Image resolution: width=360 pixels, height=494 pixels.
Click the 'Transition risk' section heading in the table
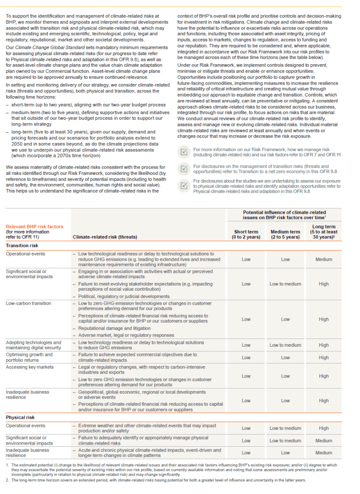tap(22, 245)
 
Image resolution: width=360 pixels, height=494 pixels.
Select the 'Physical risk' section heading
tap(20, 417)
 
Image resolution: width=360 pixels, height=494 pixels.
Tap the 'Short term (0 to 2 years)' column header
tap(246, 234)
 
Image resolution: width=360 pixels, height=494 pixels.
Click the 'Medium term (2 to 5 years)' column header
tap(285, 234)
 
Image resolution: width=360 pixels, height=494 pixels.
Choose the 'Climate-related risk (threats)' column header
tap(105, 237)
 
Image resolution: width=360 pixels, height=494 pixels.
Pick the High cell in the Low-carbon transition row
tap(324, 319)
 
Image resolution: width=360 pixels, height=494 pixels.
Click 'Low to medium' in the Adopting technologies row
tap(285, 345)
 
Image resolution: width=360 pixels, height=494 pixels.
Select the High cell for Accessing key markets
tap(324, 376)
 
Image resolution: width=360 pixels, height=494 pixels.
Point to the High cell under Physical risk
tap(324, 428)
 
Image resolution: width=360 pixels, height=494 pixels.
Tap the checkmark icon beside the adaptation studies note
tap(183, 184)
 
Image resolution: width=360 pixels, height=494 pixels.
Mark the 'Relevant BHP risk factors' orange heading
tap(34, 226)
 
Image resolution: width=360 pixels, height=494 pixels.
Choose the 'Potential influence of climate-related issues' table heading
tap(284, 215)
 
